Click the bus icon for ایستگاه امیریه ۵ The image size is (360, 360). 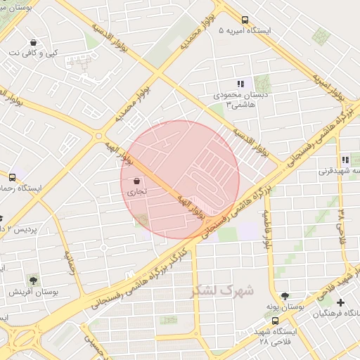click(245, 20)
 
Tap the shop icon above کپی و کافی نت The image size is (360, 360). click(33, 41)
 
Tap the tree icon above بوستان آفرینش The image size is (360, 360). click(33, 280)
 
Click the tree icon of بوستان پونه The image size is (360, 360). click(285, 297)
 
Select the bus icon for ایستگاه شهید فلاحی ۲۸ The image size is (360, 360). click(275, 320)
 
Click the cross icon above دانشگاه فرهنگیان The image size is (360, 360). click(341, 302)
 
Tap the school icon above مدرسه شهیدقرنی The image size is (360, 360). click(345, 160)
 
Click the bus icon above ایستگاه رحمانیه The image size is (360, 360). click(12, 177)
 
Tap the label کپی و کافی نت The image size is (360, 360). click(34, 53)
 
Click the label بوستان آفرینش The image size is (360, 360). click(33, 291)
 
